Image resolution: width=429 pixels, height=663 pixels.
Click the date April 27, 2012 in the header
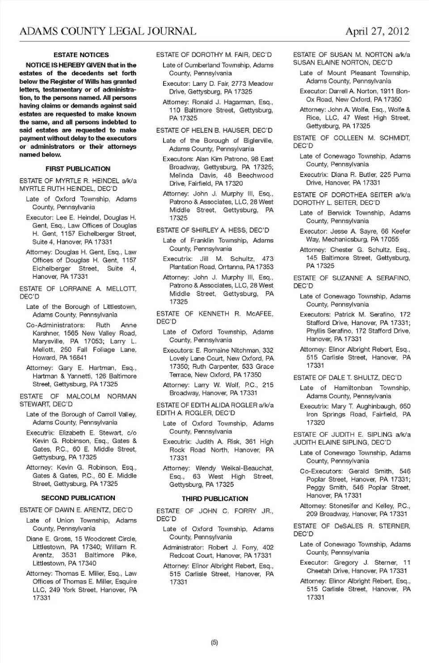tap(377, 31)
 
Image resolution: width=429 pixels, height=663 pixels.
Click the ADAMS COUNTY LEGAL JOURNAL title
tap(108, 31)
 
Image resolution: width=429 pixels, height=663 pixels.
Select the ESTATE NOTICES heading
tap(81, 55)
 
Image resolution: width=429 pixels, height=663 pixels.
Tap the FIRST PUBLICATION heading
tap(78, 169)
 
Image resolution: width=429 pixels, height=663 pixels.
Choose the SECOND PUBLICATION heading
tap(78, 498)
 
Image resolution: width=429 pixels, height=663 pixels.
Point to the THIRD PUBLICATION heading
tap(215, 499)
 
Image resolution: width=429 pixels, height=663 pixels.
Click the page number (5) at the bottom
tap(214, 642)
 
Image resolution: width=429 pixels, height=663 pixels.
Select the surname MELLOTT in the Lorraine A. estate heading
tap(121, 289)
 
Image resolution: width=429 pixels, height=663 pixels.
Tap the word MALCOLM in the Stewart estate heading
tap(83, 397)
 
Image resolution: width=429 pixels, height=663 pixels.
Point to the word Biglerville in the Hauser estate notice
tap(258, 141)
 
